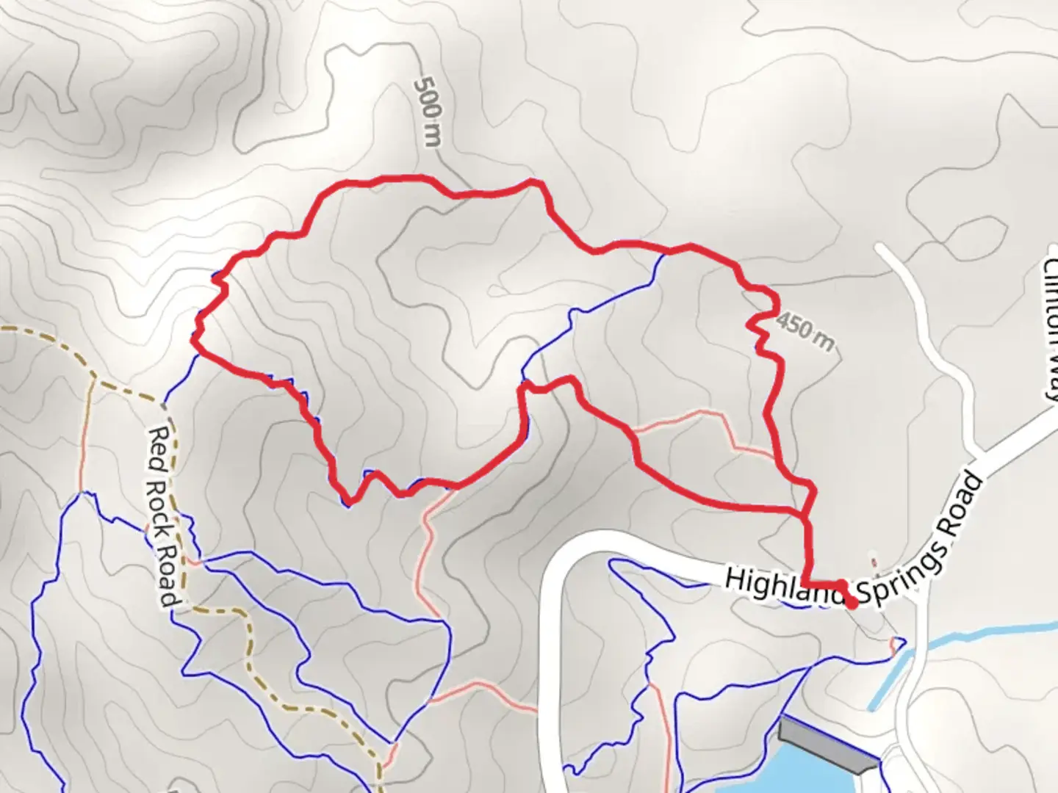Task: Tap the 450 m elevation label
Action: point(805,330)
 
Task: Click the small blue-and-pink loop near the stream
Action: point(898,645)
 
